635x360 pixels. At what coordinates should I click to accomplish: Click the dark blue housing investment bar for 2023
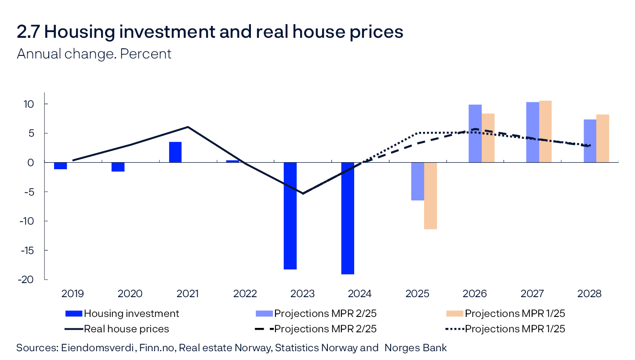pos(290,215)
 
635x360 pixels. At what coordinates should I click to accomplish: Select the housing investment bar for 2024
pos(348,218)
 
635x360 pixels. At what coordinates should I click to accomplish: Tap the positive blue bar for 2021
pos(175,152)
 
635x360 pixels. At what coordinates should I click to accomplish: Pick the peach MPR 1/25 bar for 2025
pos(430,196)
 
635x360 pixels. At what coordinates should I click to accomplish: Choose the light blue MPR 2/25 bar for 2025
pos(417,181)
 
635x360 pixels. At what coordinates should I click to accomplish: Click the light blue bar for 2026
pos(475,134)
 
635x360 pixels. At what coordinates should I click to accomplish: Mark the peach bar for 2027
pos(545,131)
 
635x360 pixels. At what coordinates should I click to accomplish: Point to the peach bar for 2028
pos(602,138)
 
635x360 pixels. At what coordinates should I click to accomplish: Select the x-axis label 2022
pos(245,294)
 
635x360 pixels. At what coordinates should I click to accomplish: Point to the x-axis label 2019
pos(73,294)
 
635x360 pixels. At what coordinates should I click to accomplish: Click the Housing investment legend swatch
pos(73,313)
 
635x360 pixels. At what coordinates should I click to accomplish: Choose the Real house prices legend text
pos(126,329)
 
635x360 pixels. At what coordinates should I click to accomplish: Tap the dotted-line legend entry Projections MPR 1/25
pos(515,329)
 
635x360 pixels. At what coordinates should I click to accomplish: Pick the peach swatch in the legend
pos(455,313)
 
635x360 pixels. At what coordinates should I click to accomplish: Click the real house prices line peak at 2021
pos(188,127)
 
